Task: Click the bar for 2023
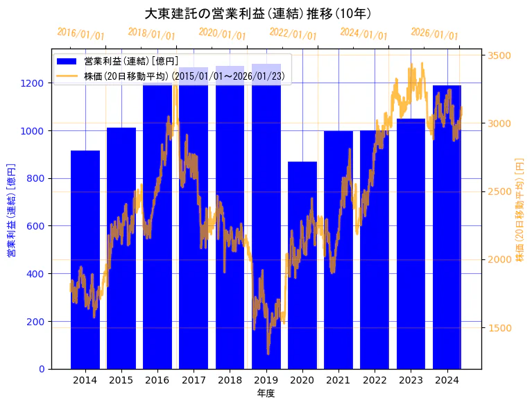pos(411,243)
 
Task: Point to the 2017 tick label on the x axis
pos(194,380)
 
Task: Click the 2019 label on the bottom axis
pos(266,380)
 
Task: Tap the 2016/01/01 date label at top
pos(81,33)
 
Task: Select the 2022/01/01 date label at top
pos(293,33)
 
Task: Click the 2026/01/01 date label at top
pos(434,33)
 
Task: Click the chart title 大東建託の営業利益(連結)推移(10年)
pos(258,13)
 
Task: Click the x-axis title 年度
pos(266,393)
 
